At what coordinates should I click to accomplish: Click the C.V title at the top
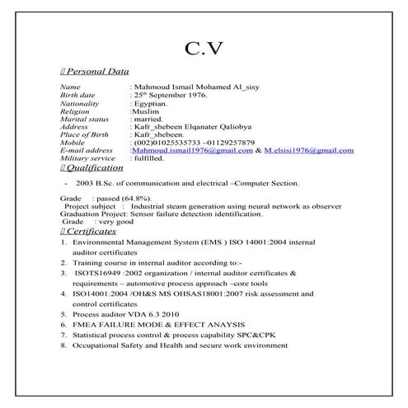click(204, 49)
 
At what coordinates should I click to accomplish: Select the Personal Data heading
click(97, 73)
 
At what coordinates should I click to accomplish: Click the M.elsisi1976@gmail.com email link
click(308, 151)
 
